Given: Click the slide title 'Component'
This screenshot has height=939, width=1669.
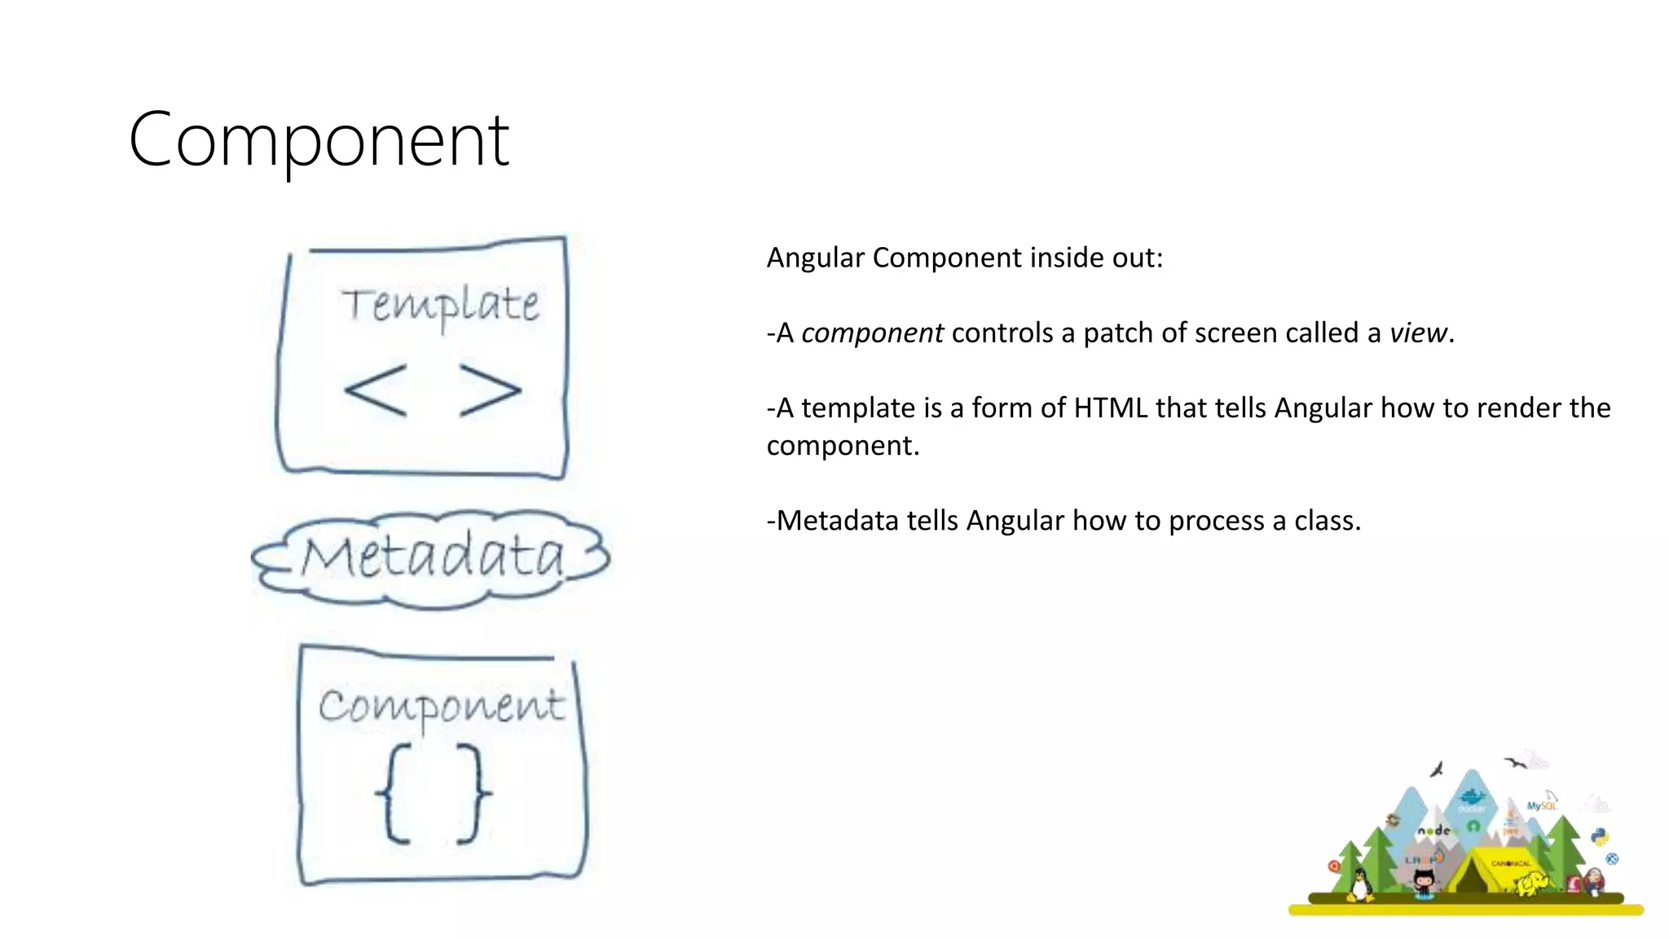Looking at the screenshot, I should [319, 140].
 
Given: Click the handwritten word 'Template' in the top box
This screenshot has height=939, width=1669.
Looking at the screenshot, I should [440, 305].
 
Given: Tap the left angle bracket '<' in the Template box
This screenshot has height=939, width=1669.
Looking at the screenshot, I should [375, 390].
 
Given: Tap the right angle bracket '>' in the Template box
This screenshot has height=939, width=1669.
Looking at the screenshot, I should [490, 390].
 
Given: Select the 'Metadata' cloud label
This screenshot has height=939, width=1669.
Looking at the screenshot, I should [433, 557].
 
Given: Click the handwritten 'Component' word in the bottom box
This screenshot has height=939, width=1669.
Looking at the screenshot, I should [441, 706].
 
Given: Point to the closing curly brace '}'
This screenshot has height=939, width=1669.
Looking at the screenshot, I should [473, 793].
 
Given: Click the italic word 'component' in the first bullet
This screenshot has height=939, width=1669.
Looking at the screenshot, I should [872, 333].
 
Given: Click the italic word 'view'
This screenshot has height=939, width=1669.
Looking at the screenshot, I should [1418, 333].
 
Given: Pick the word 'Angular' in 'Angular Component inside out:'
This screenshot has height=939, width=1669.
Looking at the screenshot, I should [815, 258].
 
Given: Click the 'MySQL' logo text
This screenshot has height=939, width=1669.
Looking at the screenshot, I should [1541, 805].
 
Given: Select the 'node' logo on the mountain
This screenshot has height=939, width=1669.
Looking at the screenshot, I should [1434, 831].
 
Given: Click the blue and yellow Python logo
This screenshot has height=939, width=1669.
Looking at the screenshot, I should [1600, 837].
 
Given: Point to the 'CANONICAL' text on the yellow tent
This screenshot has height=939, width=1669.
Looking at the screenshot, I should [1510, 862].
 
